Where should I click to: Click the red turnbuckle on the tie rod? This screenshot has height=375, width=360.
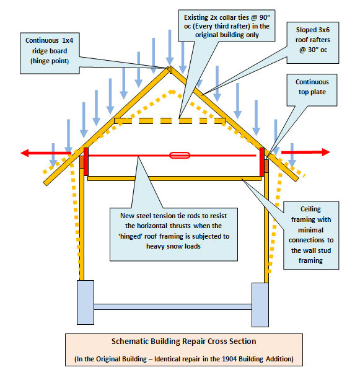[180, 156]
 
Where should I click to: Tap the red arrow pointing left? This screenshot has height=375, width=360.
[46, 153]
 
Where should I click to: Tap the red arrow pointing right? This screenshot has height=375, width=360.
[305, 152]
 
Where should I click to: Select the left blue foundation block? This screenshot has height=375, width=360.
[86, 302]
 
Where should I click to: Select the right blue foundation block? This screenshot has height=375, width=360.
[260, 305]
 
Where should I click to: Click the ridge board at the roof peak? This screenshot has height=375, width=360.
[171, 69]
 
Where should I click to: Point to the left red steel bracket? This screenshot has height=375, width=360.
[86, 162]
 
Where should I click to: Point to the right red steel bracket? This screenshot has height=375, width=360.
[262, 162]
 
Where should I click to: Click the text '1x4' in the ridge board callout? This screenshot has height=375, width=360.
[68, 40]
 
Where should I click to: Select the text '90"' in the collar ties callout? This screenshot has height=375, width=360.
[265, 17]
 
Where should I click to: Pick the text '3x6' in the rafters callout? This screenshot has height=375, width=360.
[324, 30]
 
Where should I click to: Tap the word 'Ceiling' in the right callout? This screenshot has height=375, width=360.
[310, 210]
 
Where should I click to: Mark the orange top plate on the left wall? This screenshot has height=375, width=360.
[82, 162]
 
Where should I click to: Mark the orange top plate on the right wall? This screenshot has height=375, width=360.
[266, 166]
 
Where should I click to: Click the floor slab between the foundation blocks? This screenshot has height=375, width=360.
[173, 307]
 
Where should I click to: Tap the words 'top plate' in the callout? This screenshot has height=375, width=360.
[312, 92]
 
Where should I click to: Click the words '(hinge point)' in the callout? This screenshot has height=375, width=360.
[50, 61]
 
